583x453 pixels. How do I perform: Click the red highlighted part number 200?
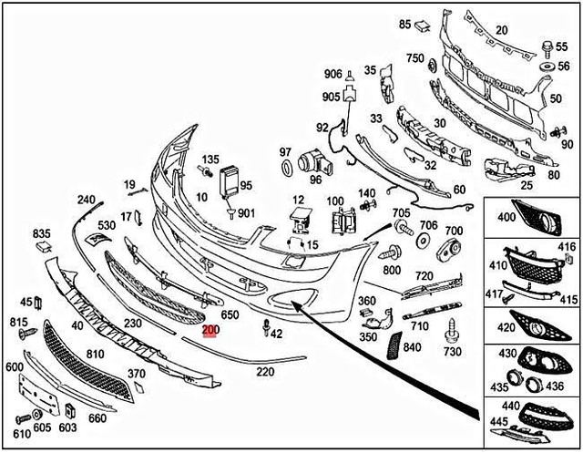(x=210, y=331)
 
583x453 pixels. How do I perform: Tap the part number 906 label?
(x=332, y=74)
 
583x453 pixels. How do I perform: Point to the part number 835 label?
(x=43, y=234)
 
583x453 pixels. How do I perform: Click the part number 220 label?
(x=265, y=372)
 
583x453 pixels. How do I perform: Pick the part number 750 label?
(x=414, y=58)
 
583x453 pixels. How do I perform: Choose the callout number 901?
(x=247, y=213)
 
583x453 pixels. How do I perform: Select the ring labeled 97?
(x=285, y=168)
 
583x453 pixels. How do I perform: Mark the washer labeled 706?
(x=423, y=242)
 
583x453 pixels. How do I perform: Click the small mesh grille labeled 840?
(x=394, y=345)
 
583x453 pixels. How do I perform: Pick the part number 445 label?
(x=498, y=421)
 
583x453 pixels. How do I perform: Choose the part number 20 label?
(x=501, y=30)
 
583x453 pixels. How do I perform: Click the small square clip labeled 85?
(x=422, y=27)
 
